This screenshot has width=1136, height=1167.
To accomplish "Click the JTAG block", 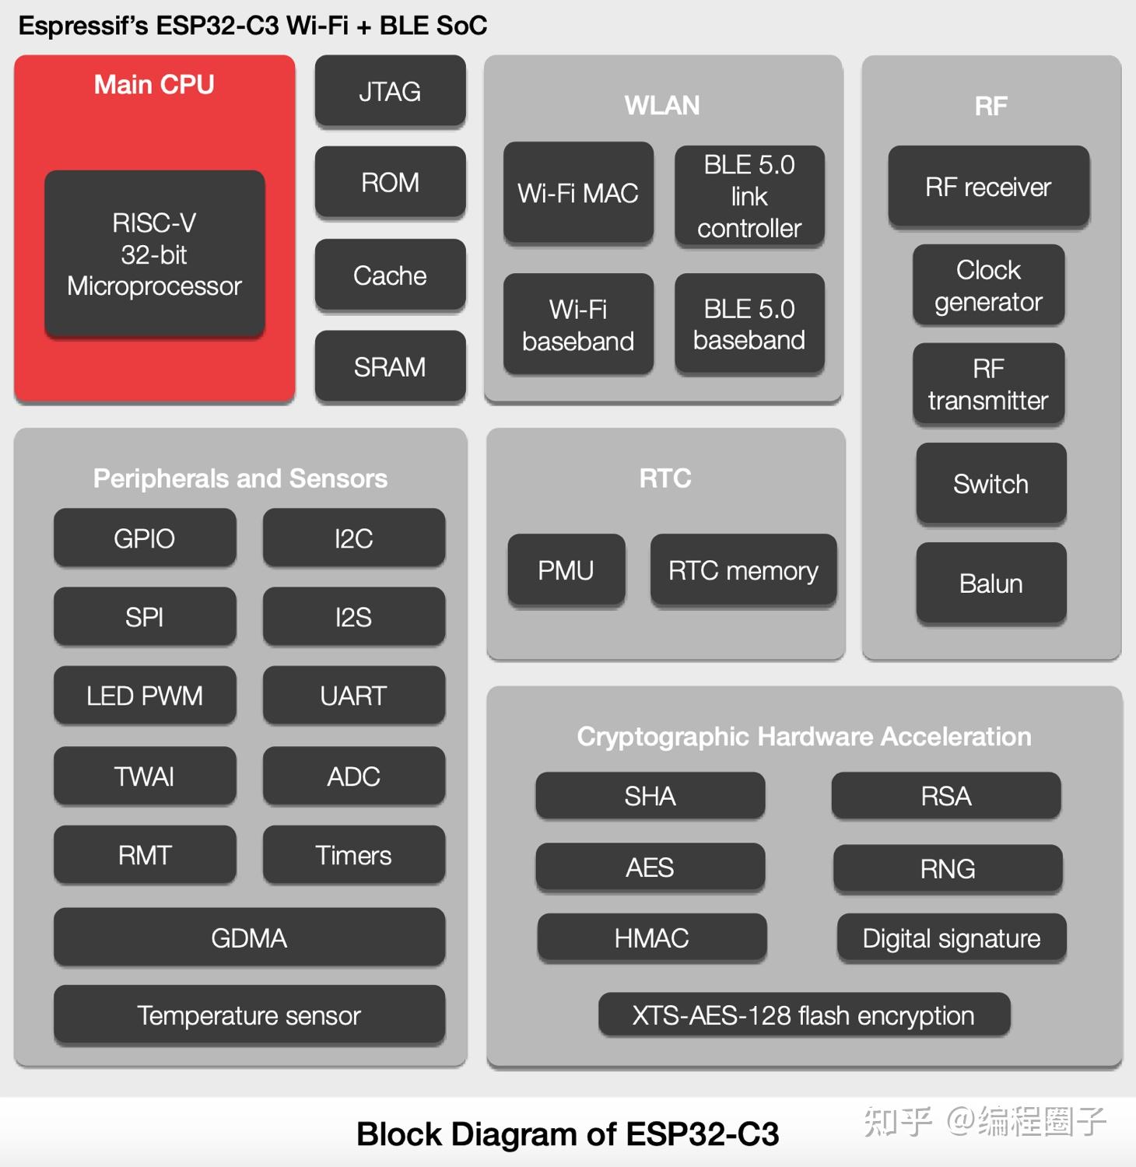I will (x=390, y=91).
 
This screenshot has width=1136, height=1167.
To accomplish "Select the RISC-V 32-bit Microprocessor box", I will (x=154, y=254).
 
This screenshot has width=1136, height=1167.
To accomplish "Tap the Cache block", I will (x=390, y=275).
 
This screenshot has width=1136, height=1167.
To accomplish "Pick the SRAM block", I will (x=390, y=366).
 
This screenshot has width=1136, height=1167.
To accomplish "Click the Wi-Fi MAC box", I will (x=578, y=193).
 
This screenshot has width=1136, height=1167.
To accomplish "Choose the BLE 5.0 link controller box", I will (x=749, y=196).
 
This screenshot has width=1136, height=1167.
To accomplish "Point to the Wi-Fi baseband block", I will (x=578, y=324).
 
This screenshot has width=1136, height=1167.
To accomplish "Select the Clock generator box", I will (x=988, y=286).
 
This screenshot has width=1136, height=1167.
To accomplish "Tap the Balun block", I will (x=990, y=583).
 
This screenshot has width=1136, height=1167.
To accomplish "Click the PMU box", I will (x=566, y=570).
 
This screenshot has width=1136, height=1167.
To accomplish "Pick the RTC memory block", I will (x=743, y=570).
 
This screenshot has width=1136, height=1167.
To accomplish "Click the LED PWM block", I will (x=145, y=696).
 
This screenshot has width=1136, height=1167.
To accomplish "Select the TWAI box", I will (x=145, y=776).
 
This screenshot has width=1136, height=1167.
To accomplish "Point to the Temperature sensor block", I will (x=249, y=1015).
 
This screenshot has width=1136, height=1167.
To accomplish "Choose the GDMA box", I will (x=249, y=937).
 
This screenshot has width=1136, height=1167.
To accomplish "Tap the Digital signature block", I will (x=951, y=938).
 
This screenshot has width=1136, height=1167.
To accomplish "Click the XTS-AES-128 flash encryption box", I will (x=804, y=1015).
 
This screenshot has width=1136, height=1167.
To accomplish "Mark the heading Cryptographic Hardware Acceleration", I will (x=804, y=736).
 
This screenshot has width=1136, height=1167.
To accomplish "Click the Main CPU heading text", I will (x=154, y=84).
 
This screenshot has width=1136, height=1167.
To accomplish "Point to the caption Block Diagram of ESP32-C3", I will (x=567, y=1134).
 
